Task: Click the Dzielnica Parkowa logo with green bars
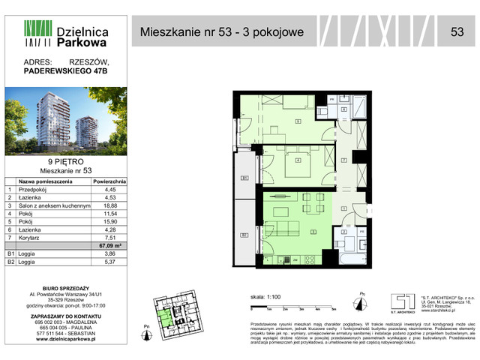pyautogui.click(x=66, y=37)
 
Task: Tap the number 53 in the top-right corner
pyautogui.click(x=456, y=31)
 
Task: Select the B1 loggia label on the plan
pyautogui.click(x=244, y=178)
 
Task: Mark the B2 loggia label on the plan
pyautogui.click(x=244, y=235)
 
